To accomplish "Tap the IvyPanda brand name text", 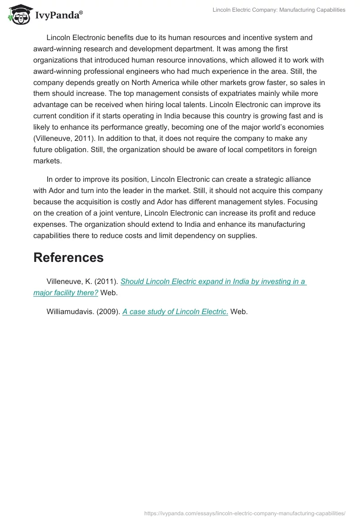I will [58, 16].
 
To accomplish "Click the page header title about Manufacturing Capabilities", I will [279, 10].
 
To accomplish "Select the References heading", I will [68, 257].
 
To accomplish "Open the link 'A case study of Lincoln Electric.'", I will [175, 311].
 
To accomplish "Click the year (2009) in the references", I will [108, 311].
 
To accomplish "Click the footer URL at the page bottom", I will [245, 513].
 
